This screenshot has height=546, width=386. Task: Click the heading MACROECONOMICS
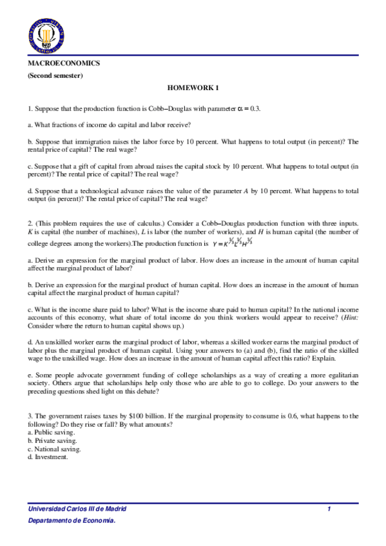point(64,64)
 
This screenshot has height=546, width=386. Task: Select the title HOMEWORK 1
point(193,88)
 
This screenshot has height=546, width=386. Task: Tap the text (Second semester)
point(55,75)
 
